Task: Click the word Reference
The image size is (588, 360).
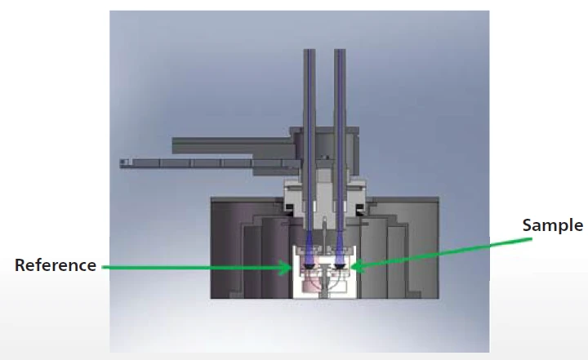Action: pos(56,265)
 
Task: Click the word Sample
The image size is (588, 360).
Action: pos(553,226)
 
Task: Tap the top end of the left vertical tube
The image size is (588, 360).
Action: pos(310,50)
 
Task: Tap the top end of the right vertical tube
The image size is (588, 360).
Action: pos(340,50)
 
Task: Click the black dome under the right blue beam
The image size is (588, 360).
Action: pos(340,266)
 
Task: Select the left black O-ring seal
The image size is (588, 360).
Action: pos(290,208)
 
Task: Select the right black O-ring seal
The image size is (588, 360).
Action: pos(360,208)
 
